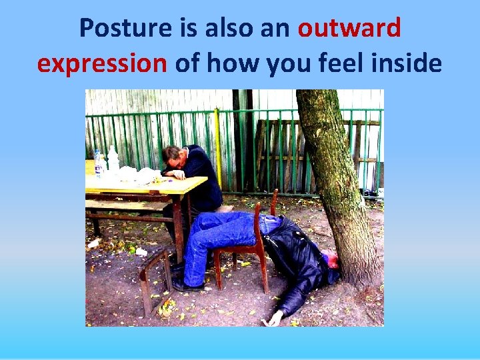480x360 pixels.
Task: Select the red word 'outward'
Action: click(x=349, y=28)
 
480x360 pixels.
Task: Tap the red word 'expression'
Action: click(x=102, y=63)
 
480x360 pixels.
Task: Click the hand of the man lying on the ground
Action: click(x=273, y=319)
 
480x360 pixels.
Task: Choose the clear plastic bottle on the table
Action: click(x=113, y=160)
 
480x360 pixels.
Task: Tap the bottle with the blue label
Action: click(x=99, y=163)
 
